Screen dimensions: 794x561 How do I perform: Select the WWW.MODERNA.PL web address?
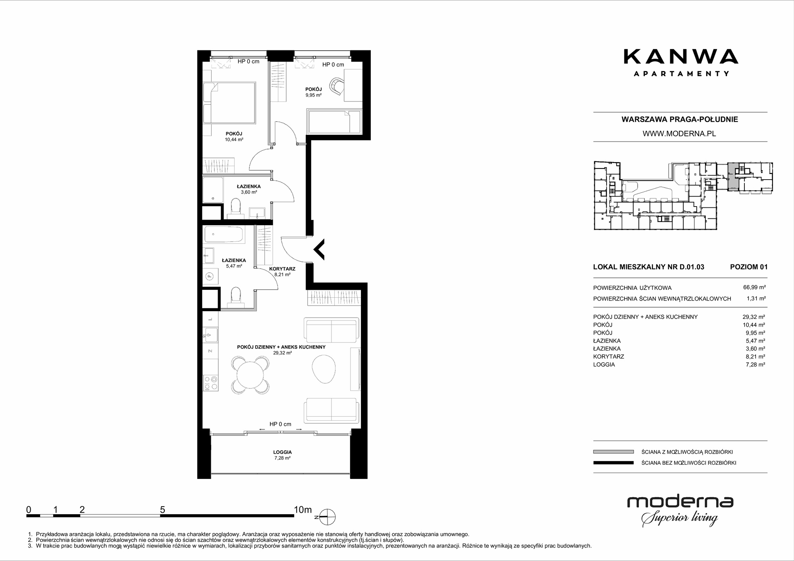[679, 134]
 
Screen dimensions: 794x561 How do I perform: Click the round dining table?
[251, 375]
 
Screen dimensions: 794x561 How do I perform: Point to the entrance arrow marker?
[319, 249]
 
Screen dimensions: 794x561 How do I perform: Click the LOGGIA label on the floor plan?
[282, 452]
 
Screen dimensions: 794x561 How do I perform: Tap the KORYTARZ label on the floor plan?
[282, 269]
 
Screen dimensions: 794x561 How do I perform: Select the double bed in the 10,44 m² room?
[229, 103]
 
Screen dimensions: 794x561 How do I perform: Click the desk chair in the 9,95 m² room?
[337, 86]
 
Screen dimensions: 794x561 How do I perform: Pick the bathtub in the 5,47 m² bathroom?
[224, 234]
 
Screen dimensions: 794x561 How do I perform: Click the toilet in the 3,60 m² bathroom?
[236, 208]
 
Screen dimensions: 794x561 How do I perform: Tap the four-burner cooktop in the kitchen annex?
[210, 383]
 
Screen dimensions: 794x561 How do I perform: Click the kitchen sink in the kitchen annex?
[210, 335]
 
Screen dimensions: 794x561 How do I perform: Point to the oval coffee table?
[324, 369]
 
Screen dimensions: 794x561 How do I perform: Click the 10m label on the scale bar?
[303, 510]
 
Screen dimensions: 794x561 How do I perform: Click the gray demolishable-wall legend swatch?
[613, 452]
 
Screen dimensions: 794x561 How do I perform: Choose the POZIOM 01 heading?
[749, 267]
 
